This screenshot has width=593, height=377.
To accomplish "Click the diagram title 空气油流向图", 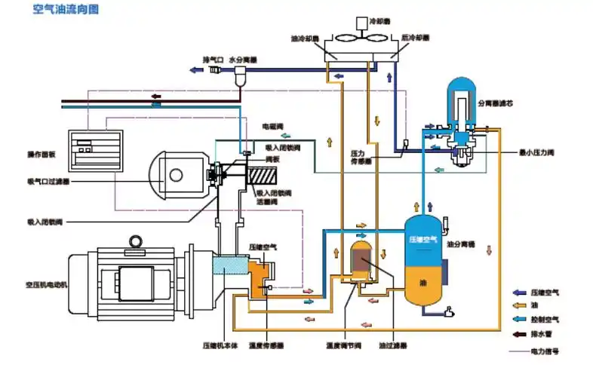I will pyautogui.click(x=66, y=10).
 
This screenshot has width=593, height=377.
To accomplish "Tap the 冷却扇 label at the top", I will pyautogui.click(x=381, y=22).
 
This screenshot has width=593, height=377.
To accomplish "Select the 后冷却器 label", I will pyautogui.click(x=416, y=37).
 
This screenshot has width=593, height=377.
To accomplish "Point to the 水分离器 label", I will pyautogui.click(x=244, y=58).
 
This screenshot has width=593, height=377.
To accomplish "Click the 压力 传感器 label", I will pyautogui.click(x=358, y=156).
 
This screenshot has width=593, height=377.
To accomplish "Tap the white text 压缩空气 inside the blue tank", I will pyautogui.click(x=423, y=239).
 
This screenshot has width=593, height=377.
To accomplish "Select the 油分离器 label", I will pyautogui.click(x=459, y=244).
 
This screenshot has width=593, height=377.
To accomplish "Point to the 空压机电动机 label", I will pyautogui.click(x=46, y=284).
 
